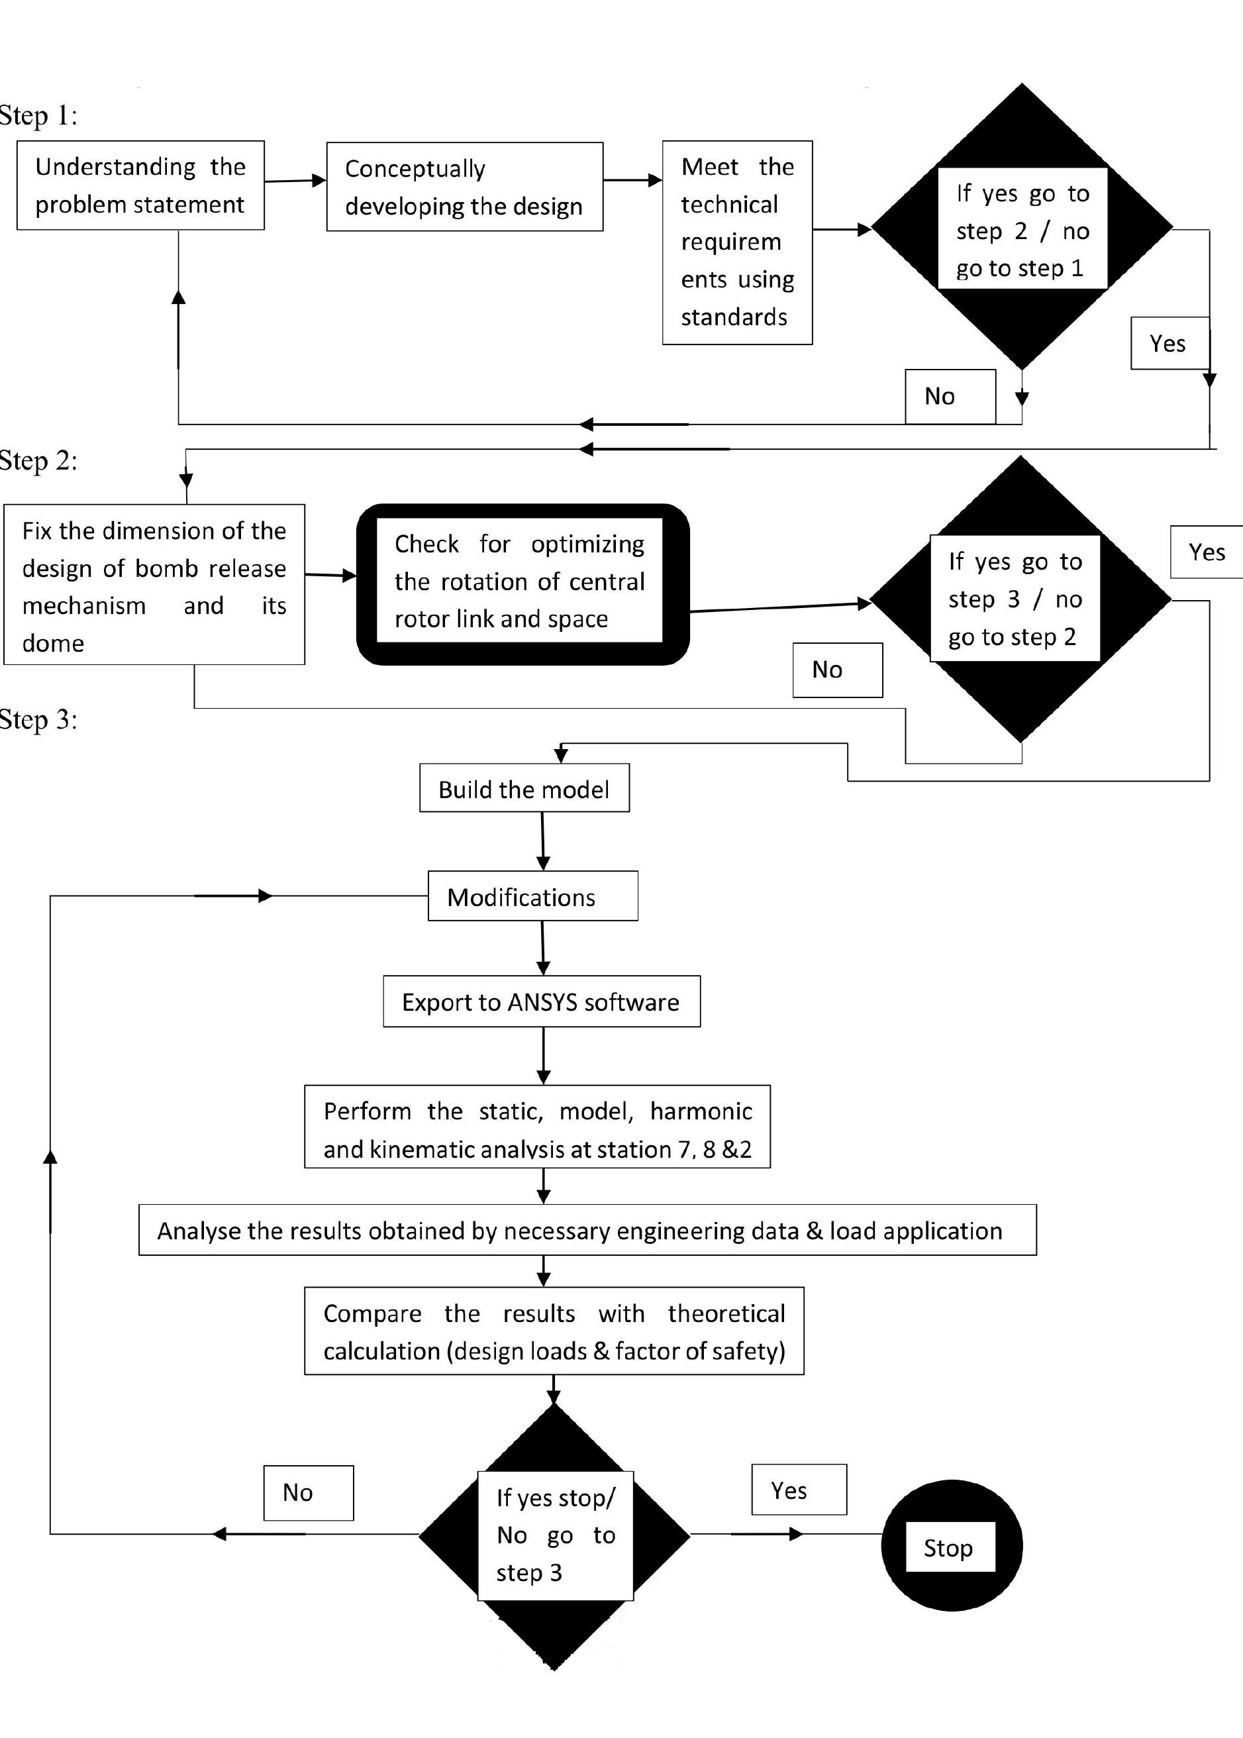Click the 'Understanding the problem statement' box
click(x=140, y=185)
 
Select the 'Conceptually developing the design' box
click(x=465, y=187)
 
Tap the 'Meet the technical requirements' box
click(x=737, y=242)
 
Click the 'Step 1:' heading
click(x=38, y=115)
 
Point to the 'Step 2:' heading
click(x=38, y=461)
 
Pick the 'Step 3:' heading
click(x=38, y=719)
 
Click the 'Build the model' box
click(x=524, y=788)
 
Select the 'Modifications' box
click(x=532, y=895)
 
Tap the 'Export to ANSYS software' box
click(x=542, y=1001)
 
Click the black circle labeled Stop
click(x=952, y=1546)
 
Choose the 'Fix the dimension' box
click(x=154, y=584)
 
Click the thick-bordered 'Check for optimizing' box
click(x=522, y=584)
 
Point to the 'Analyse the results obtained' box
click(x=587, y=1230)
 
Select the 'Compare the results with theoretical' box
click(x=554, y=1331)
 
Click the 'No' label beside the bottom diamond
click(x=309, y=1492)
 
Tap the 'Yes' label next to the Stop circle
click(x=799, y=1489)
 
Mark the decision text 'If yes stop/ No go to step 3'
click(x=556, y=1535)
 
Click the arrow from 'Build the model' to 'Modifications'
click(x=542, y=841)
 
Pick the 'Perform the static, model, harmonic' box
click(x=537, y=1126)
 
